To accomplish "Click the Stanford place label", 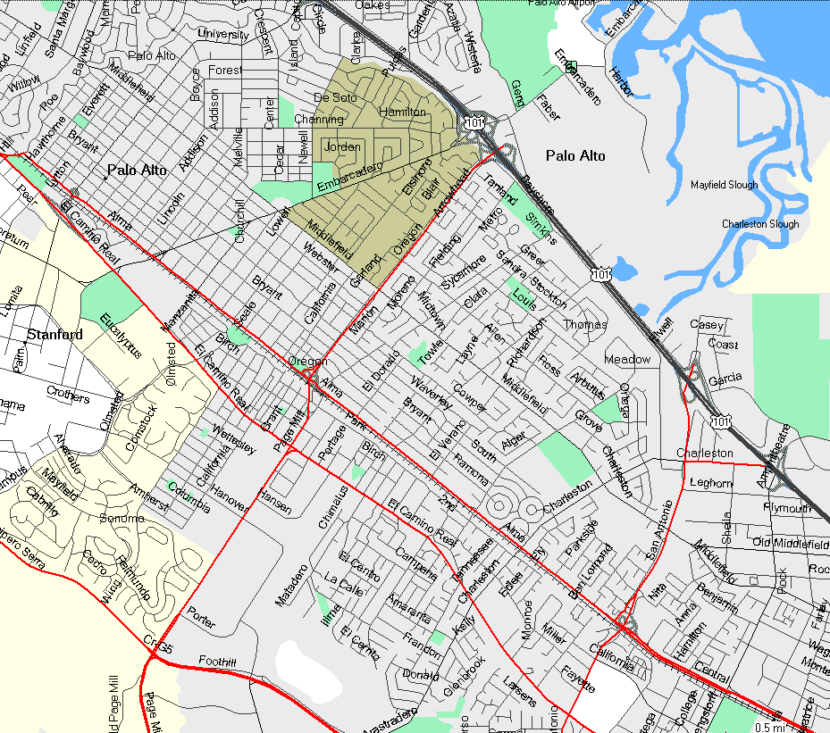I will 54,335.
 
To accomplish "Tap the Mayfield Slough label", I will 724,186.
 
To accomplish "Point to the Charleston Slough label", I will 760,224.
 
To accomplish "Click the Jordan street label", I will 342,146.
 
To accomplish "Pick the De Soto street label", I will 335,97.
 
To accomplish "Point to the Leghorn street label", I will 712,483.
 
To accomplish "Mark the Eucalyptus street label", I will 121,336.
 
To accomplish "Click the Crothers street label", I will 68,396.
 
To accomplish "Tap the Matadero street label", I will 291,586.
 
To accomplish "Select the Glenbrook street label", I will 462,677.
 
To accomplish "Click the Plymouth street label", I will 787,507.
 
